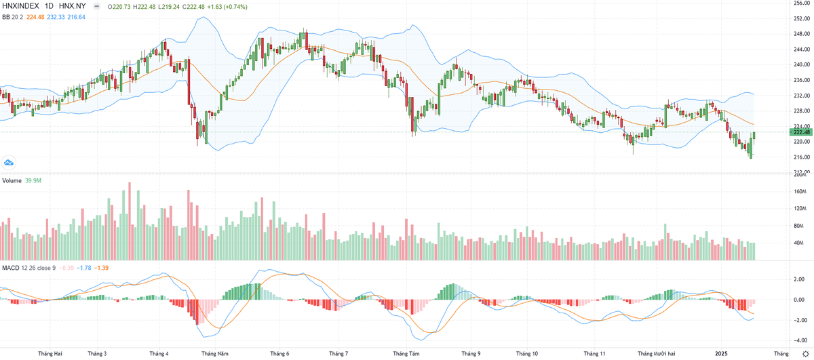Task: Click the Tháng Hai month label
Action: click(x=50, y=353)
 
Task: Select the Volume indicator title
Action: click(x=12, y=180)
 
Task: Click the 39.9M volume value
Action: click(x=34, y=180)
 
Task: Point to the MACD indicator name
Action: click(x=11, y=268)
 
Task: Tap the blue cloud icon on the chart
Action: click(x=9, y=163)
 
